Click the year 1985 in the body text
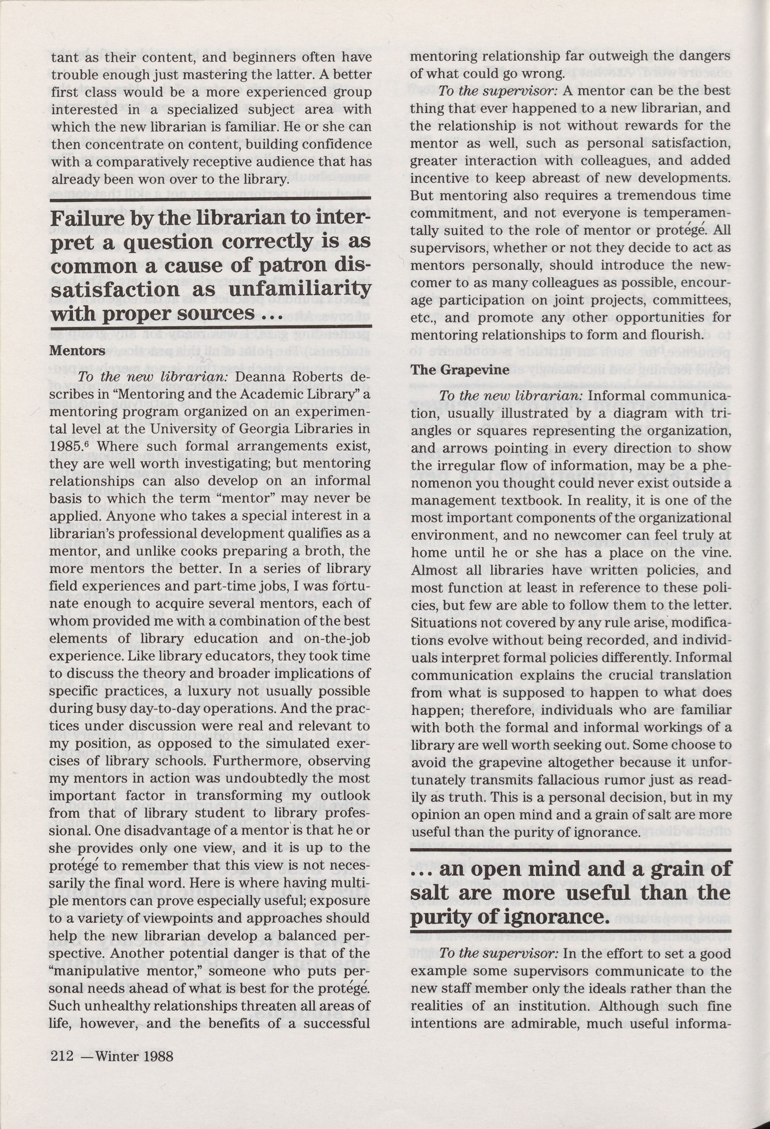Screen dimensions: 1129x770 click(x=65, y=447)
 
